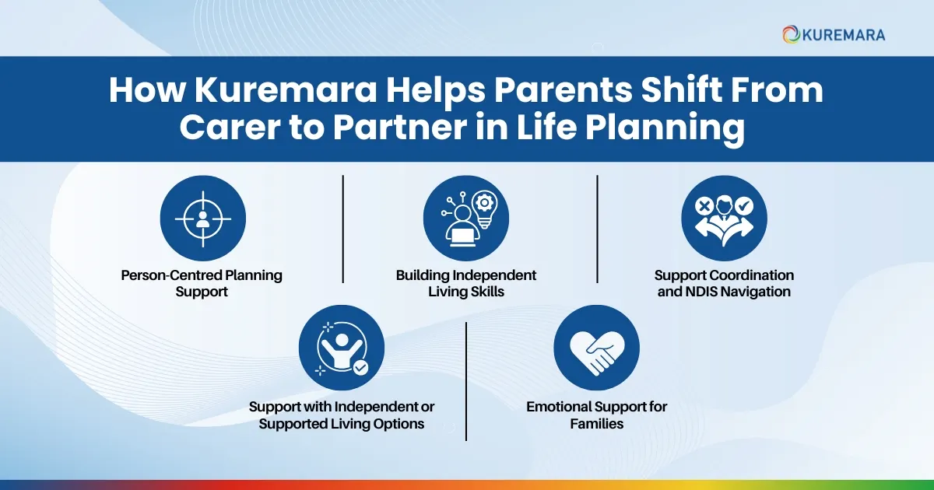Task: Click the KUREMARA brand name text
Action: pos(844,34)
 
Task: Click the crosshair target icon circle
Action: pos(202,218)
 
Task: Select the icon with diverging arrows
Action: pos(724,218)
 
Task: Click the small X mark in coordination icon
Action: pos(704,206)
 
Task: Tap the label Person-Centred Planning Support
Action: pos(202,283)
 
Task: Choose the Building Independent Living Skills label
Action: pos(465,283)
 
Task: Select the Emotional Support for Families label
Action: pos(596,415)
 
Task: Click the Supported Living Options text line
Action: pos(341,424)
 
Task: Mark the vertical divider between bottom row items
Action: pos(466,381)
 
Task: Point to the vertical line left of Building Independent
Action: pos(343,229)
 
